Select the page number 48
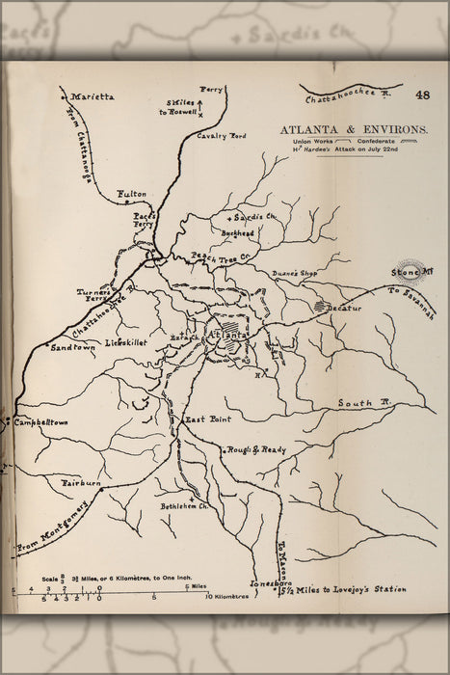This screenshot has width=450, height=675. point(423,94)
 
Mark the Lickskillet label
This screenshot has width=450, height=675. point(126,342)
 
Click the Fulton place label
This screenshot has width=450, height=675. point(131,194)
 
